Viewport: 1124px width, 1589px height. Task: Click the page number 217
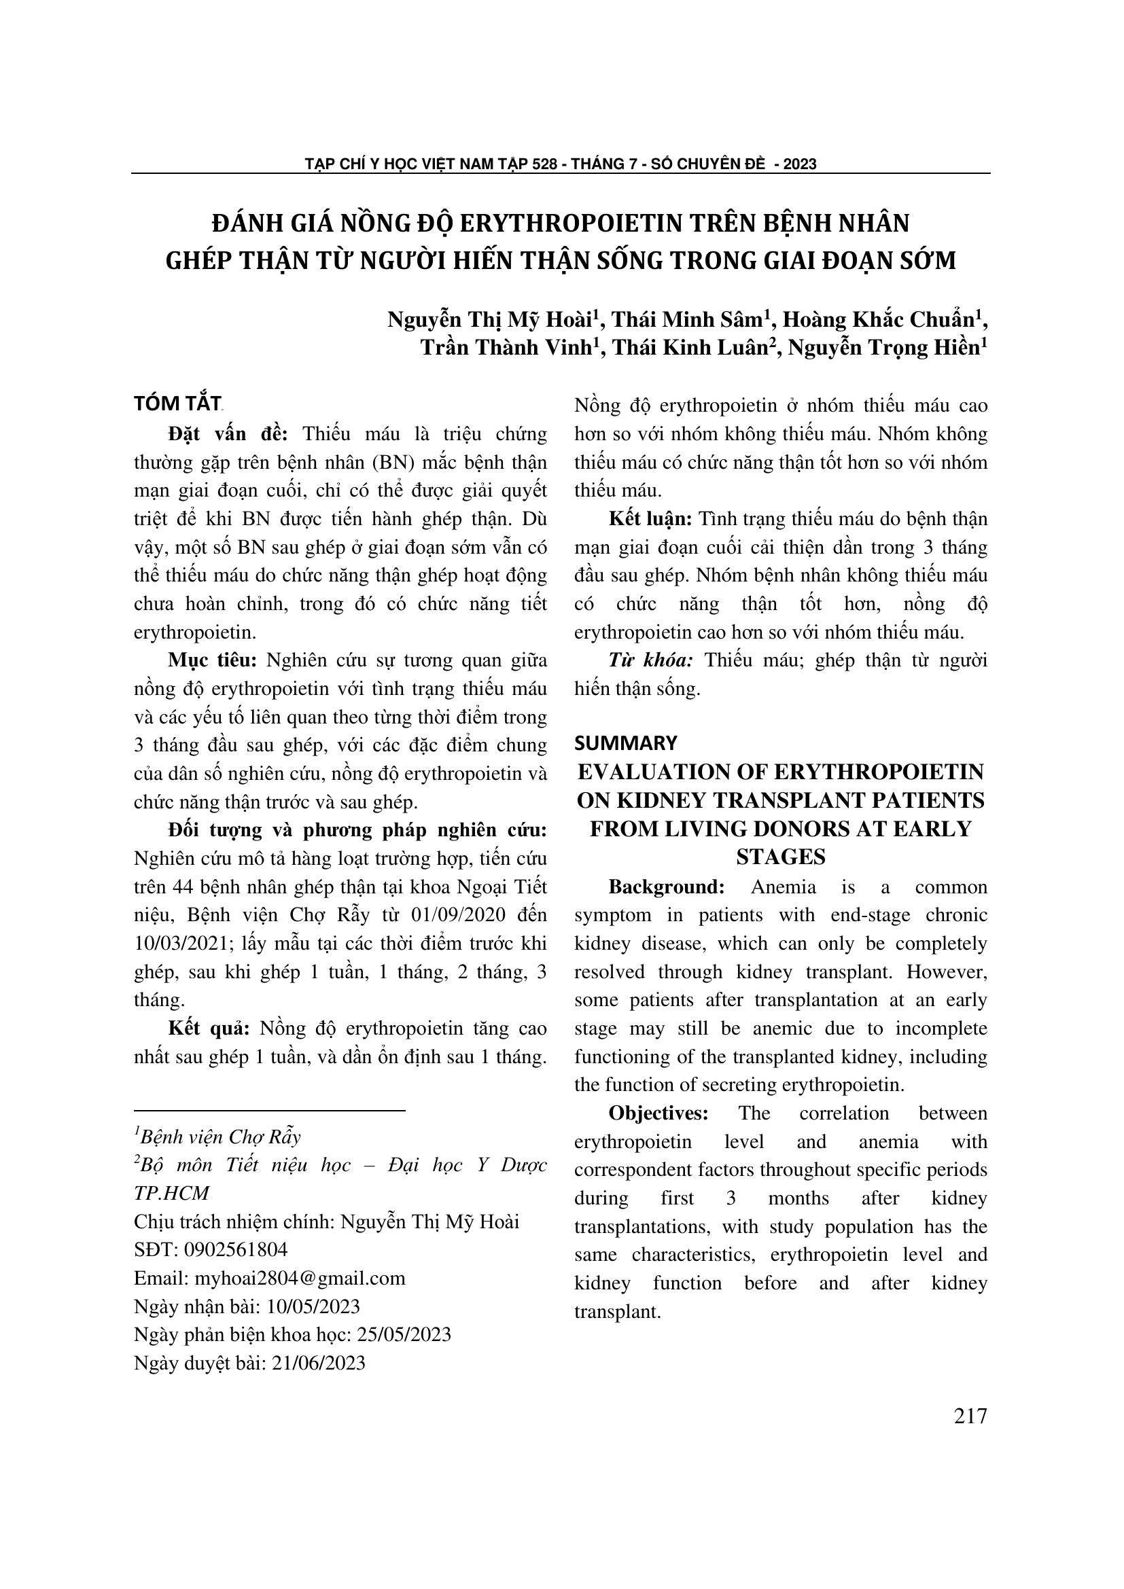pyautogui.click(x=970, y=1416)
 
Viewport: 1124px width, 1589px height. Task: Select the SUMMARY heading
pyautogui.click(x=626, y=743)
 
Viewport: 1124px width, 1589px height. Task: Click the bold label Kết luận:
pyautogui.click(x=650, y=519)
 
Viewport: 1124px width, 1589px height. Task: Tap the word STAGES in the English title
pyautogui.click(x=781, y=857)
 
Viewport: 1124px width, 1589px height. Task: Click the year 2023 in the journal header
pyautogui.click(x=800, y=164)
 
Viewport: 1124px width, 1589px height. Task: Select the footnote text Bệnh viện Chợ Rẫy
pyautogui.click(x=220, y=1137)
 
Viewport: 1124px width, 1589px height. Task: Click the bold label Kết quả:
pyautogui.click(x=209, y=1029)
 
